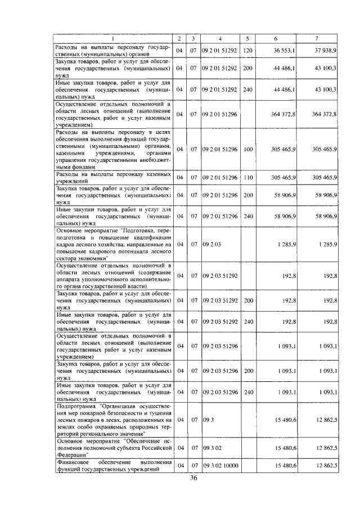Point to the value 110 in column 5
(x=247, y=178)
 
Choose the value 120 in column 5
(x=247, y=51)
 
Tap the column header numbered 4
(x=220, y=38)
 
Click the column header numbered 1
(x=112, y=38)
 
